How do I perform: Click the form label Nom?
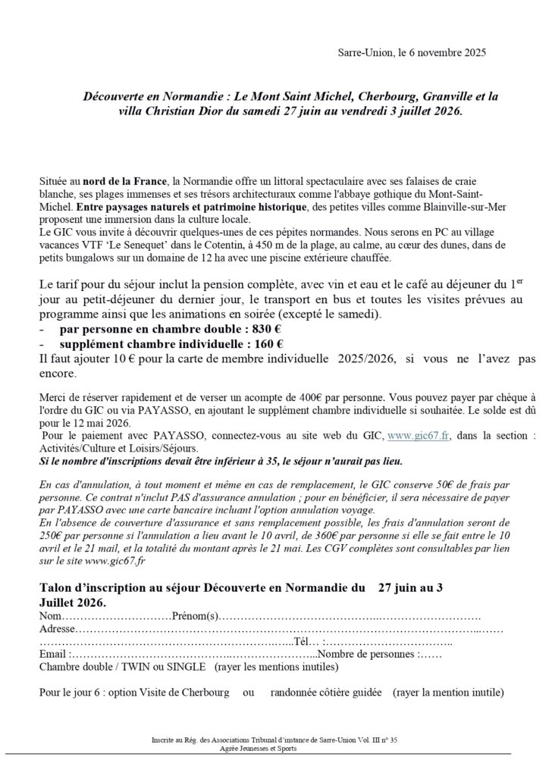[x=51, y=615]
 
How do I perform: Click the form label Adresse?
[x=57, y=629]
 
